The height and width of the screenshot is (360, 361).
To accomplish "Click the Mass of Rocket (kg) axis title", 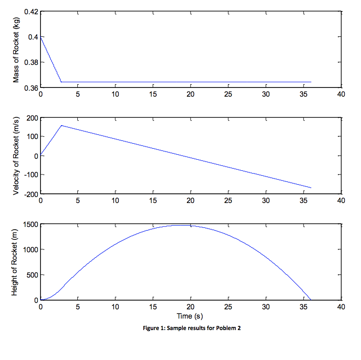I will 16,49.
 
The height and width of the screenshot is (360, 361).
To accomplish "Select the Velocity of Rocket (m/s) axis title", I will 16,155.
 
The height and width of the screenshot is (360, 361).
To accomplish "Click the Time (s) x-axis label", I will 190,316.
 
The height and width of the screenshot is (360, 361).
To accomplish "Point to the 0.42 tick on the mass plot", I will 31,12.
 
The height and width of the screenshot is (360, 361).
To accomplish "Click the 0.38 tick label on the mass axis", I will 31,62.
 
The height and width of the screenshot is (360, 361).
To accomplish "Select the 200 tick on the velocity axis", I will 32,118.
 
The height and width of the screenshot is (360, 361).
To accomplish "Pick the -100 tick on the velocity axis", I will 31,175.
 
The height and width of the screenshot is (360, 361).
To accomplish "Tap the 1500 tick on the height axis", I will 30,224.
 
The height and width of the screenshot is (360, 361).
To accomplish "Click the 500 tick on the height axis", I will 32,275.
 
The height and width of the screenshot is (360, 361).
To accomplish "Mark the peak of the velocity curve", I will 61,125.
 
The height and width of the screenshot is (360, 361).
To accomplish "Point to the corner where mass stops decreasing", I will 61,82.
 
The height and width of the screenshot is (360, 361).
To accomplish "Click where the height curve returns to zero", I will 311,300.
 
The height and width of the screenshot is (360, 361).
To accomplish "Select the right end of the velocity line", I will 311,188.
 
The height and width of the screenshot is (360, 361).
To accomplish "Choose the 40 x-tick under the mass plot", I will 341,94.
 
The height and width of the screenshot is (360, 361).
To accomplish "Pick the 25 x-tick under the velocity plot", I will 228,200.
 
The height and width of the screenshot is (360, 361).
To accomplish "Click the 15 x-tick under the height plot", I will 153,307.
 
